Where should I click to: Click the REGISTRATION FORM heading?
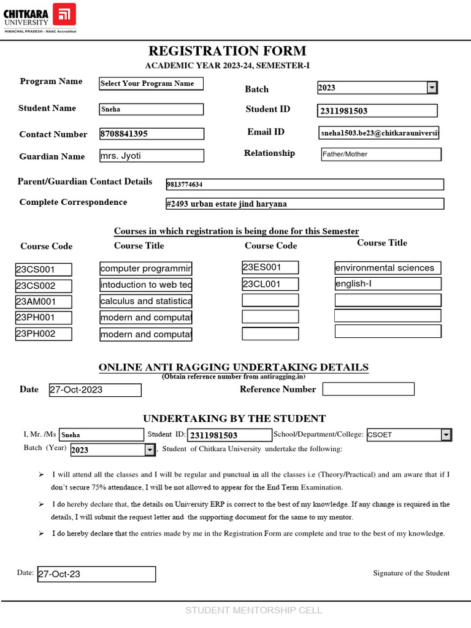227,51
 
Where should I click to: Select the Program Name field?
151,83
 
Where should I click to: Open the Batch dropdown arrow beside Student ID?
432,88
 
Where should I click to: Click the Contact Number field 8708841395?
151,134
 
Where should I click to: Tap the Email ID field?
378,132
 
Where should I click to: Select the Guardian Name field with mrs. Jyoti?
151,156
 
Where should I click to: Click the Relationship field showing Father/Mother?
380,155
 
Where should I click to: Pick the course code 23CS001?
44,269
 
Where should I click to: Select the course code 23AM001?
44,302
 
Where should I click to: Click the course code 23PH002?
44,334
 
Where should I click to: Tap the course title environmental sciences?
387,268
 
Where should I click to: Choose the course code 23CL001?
270,284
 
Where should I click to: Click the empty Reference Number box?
368,389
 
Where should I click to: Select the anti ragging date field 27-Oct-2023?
95,390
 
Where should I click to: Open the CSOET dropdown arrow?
446,435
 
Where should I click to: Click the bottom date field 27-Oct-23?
96,574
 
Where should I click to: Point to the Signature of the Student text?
411,573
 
